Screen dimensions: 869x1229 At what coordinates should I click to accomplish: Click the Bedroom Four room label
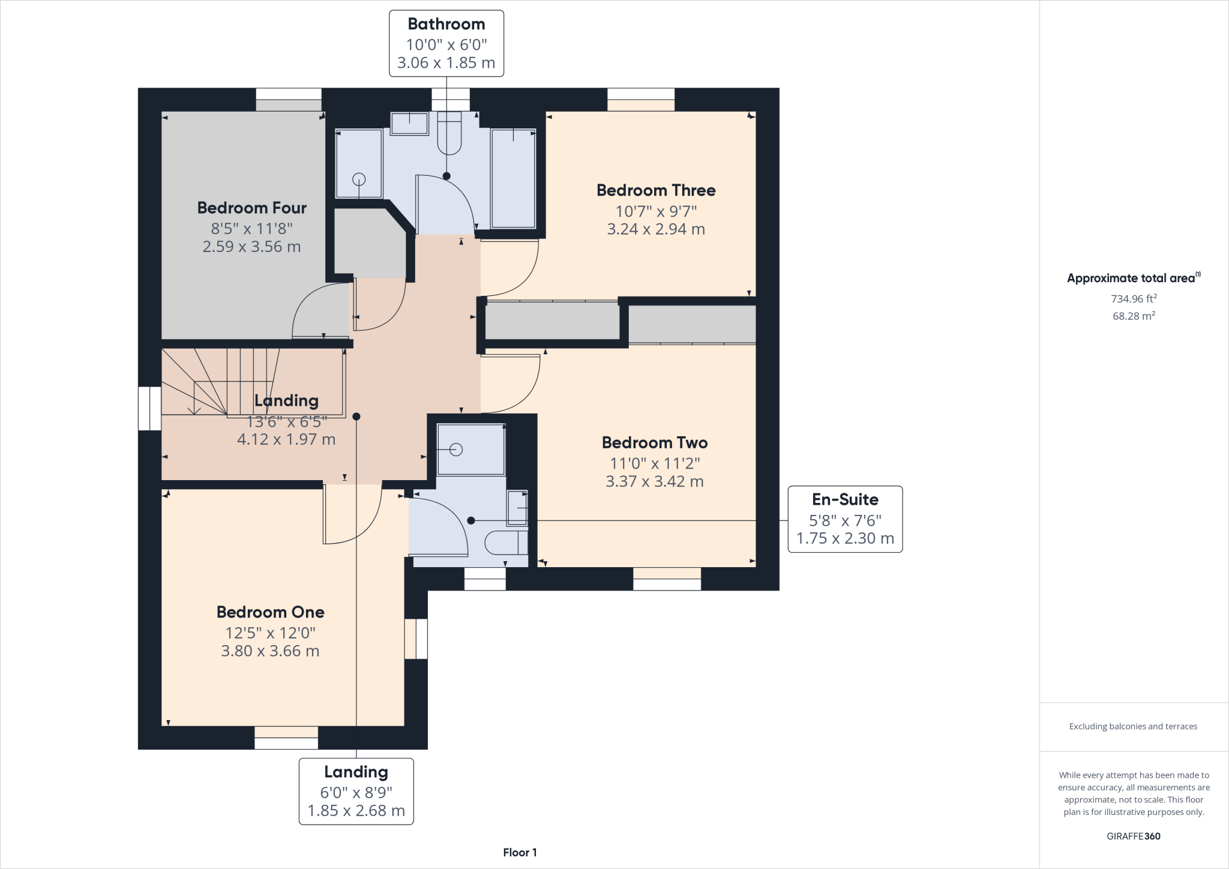(251, 208)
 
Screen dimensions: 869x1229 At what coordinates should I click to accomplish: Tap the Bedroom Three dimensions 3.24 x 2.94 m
(656, 229)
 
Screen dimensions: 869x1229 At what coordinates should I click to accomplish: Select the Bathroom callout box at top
(446, 43)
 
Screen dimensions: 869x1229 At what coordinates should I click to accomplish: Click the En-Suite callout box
(844, 519)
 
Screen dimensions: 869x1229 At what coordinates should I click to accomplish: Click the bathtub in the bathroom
(513, 179)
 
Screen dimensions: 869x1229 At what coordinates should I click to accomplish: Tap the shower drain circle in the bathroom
(359, 179)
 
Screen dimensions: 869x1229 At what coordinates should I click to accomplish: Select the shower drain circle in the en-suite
(456, 450)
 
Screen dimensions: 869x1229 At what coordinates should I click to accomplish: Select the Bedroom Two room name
(655, 443)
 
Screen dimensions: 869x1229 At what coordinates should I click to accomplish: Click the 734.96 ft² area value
(1134, 298)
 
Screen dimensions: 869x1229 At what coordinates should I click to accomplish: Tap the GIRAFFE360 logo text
(1133, 836)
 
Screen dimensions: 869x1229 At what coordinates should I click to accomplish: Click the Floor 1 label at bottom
(520, 852)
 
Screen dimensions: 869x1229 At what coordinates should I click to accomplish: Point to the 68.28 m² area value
(1134, 316)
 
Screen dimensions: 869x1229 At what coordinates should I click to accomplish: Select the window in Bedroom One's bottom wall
(286, 738)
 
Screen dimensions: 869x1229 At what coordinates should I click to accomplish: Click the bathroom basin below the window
(409, 124)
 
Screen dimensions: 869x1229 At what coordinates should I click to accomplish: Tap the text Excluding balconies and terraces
(1133, 726)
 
